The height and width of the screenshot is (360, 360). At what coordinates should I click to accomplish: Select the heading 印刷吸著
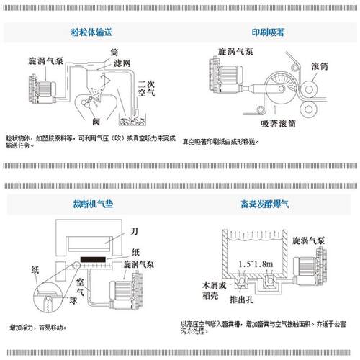[x=270, y=33]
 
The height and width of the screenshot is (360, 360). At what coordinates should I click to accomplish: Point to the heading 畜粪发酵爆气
[x=270, y=204]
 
